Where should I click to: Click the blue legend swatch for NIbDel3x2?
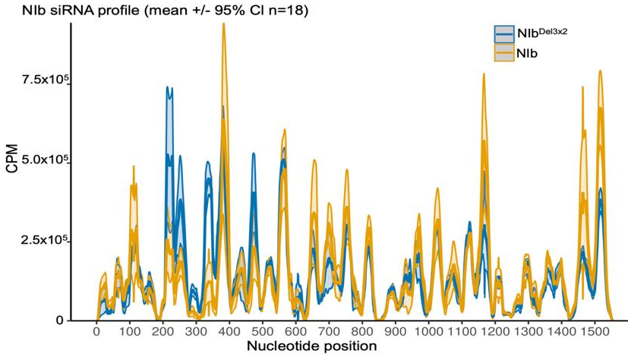click(504, 33)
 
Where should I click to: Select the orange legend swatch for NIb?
click(504, 52)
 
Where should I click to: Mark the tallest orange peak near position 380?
click(223, 24)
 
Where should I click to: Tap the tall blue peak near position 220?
click(169, 88)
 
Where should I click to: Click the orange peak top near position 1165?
click(484, 74)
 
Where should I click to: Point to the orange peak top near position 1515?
click(600, 71)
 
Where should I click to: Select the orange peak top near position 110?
click(134, 166)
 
